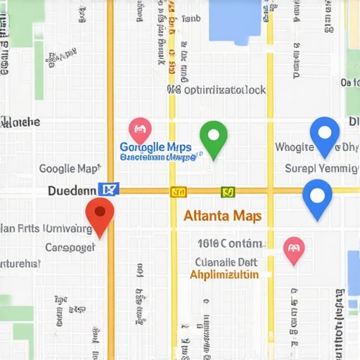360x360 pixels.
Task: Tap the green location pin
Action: (213, 136)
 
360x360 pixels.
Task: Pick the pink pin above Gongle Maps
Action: (140, 130)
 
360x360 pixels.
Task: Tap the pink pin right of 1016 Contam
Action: (293, 249)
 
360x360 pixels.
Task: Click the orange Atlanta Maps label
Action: (222, 216)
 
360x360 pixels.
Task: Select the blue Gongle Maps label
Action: (156, 147)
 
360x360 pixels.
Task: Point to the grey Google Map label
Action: (69, 169)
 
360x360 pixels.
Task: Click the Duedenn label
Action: (72, 190)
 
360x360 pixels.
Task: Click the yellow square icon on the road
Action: (178, 191)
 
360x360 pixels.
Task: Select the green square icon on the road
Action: (227, 191)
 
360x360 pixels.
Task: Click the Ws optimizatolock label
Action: (217, 90)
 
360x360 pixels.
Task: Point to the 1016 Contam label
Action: (230, 243)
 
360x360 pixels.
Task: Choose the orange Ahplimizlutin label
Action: (224, 274)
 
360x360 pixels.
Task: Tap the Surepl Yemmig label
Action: (321, 168)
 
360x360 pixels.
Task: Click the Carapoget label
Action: (70, 247)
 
